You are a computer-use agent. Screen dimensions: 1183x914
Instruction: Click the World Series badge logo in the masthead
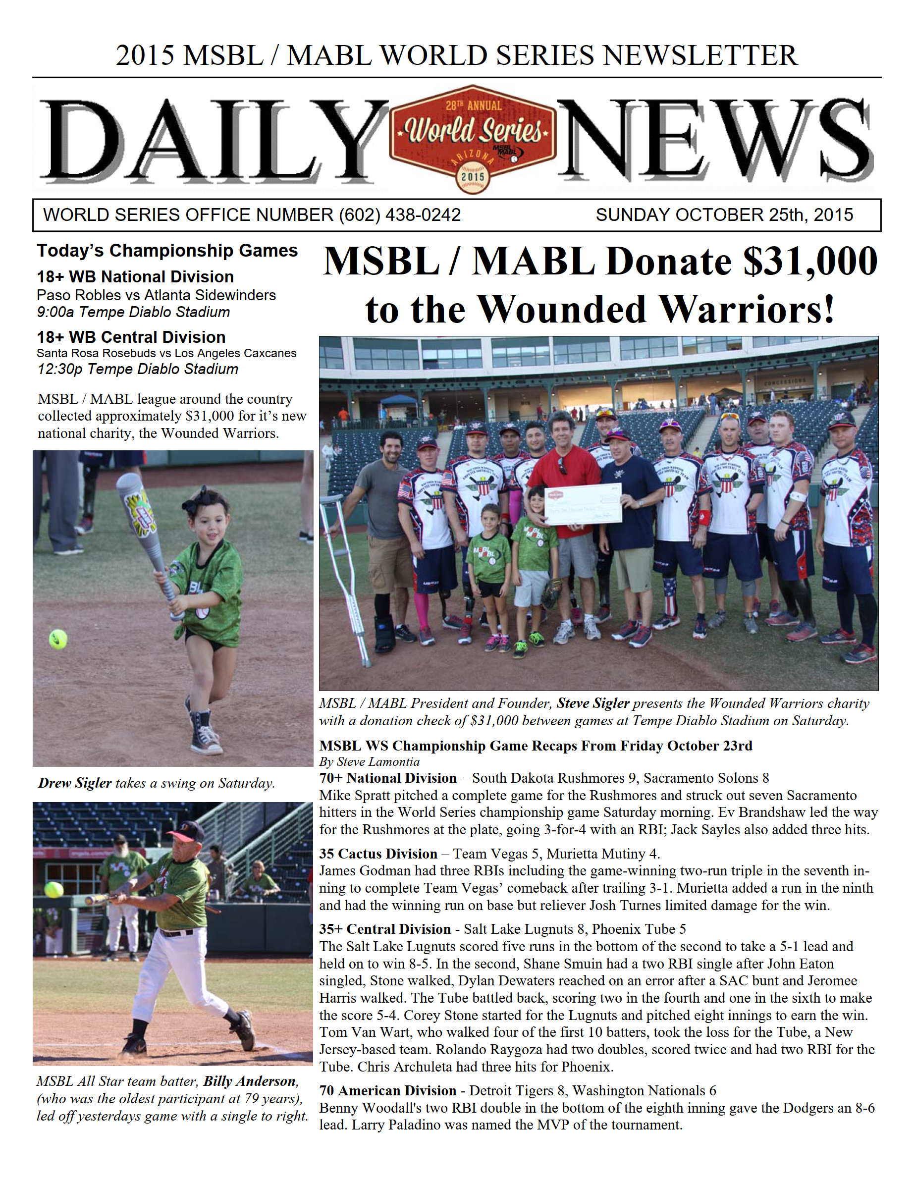coord(473,139)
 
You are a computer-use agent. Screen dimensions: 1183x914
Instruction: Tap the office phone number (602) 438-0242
coord(400,215)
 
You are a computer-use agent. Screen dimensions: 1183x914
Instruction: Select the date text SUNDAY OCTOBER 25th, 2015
coord(724,215)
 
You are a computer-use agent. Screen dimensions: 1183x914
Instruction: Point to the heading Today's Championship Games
coord(167,251)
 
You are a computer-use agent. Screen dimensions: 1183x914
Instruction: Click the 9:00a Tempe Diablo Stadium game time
coord(133,313)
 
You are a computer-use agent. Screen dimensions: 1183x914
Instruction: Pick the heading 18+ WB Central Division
coord(131,337)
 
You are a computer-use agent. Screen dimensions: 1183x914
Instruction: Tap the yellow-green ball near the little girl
coord(58,639)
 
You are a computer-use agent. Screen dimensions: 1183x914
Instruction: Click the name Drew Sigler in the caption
coord(75,783)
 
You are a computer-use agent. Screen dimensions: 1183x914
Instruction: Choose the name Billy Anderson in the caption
coord(250,1082)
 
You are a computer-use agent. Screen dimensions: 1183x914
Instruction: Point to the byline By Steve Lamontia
coord(370,762)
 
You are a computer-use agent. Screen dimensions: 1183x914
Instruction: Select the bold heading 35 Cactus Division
coord(378,854)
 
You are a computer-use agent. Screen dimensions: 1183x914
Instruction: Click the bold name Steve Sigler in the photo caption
coord(592,703)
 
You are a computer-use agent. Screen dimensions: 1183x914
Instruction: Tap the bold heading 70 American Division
coord(388,1091)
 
